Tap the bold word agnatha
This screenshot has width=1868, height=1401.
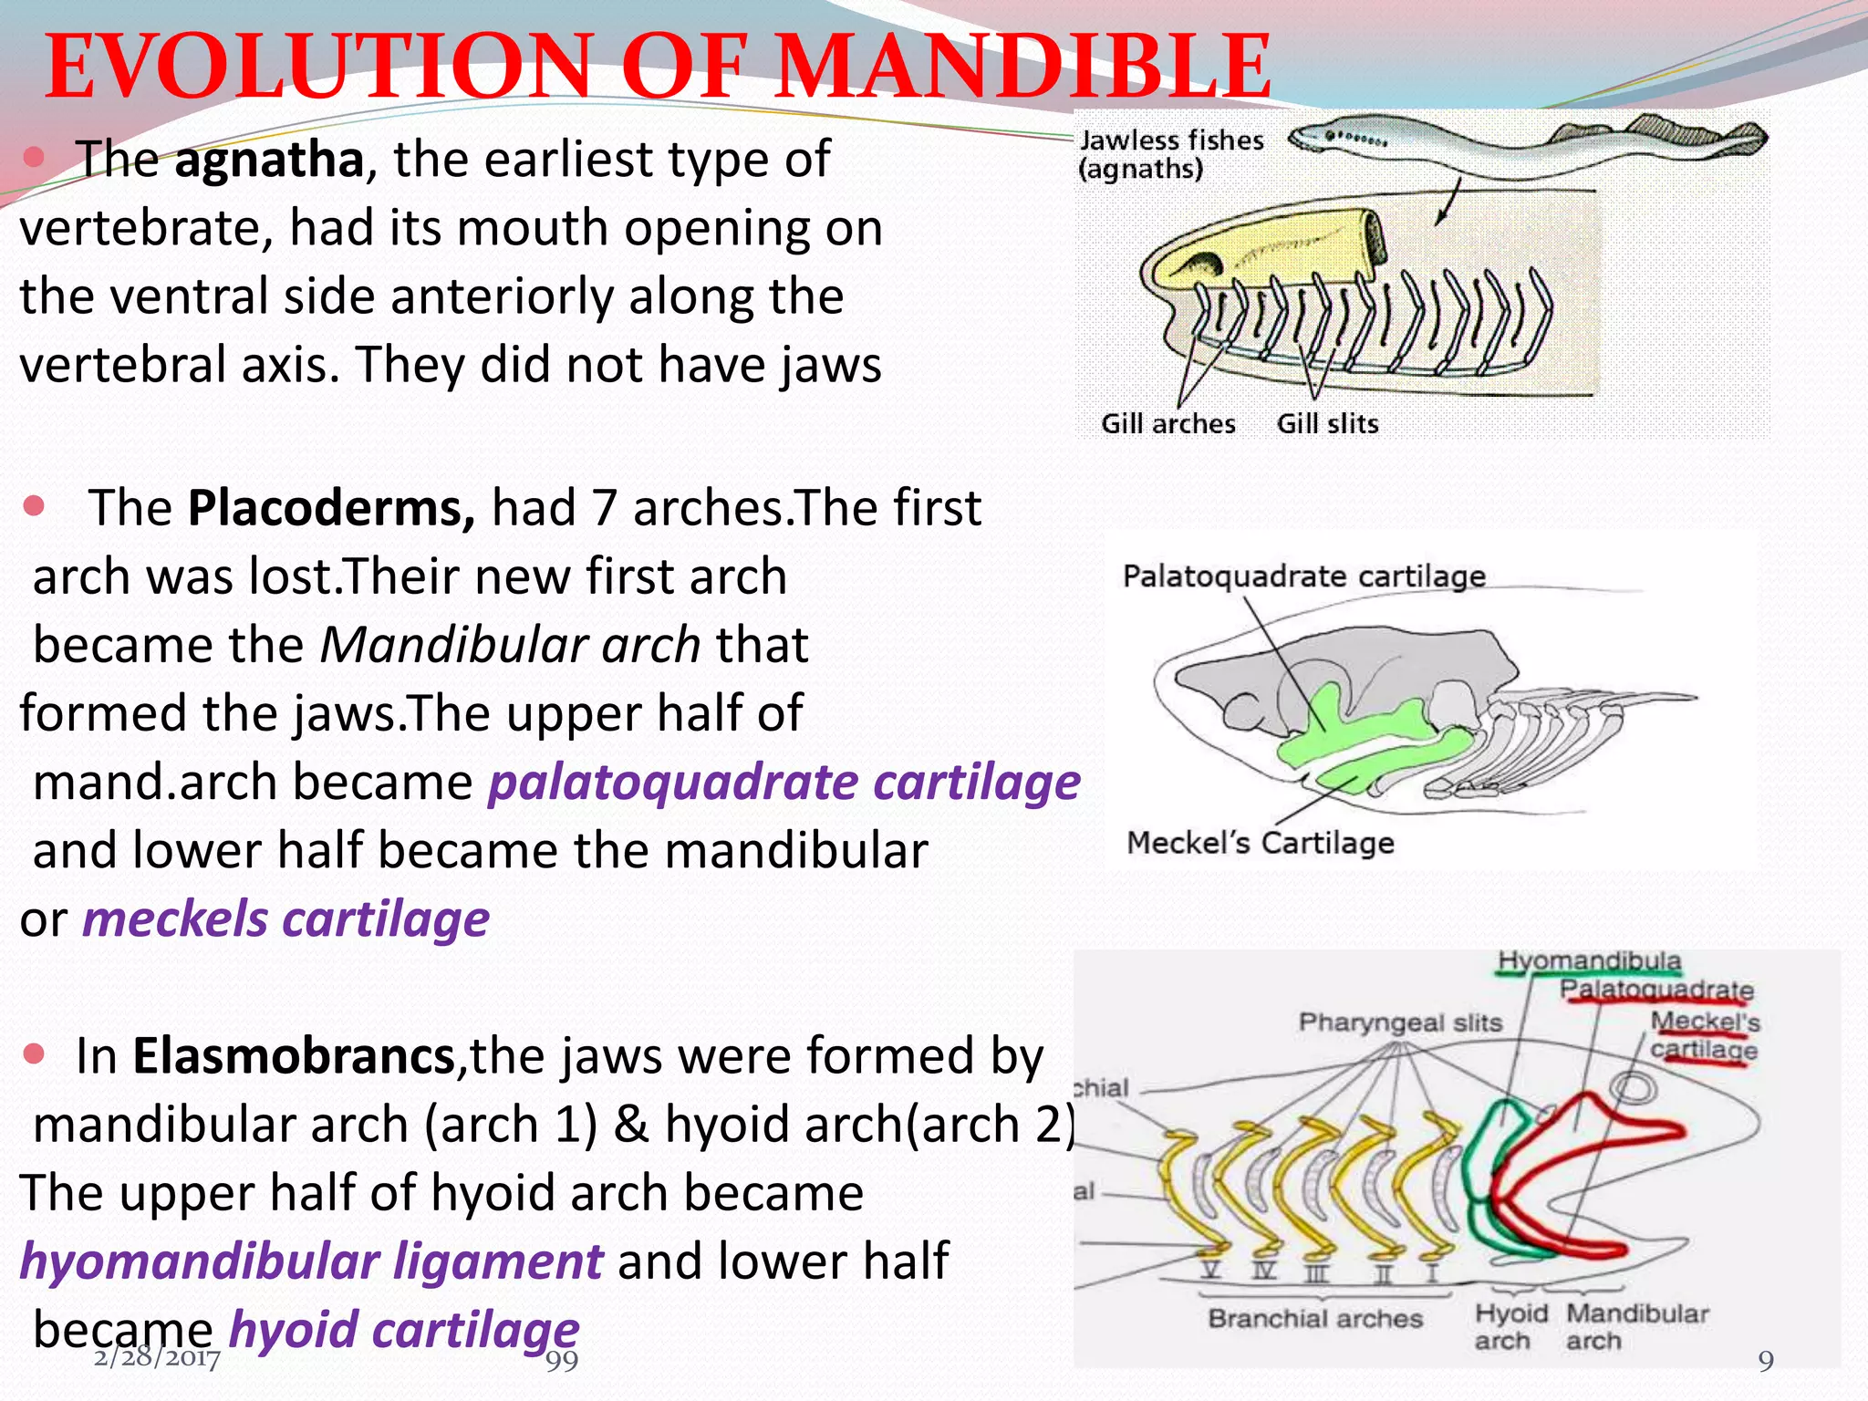(269, 160)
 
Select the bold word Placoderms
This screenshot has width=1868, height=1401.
(331, 508)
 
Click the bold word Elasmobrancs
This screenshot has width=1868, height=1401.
(294, 1056)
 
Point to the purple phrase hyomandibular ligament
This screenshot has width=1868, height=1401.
(311, 1261)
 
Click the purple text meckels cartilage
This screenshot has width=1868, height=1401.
(285, 919)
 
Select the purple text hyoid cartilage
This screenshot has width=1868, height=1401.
(403, 1330)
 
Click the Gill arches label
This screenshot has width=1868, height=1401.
(1167, 424)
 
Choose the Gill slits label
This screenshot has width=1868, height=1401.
(1327, 424)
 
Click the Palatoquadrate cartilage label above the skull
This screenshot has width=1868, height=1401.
(1303, 576)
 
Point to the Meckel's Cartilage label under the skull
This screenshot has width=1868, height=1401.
(1260, 843)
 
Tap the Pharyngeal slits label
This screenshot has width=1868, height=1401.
(1400, 1022)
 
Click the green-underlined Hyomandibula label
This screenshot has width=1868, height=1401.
(1589, 961)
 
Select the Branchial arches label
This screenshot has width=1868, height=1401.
(1314, 1319)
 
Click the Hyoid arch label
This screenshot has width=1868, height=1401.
(1510, 1327)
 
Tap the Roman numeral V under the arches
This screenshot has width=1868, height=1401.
(1209, 1271)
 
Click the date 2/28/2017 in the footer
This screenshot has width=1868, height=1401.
(157, 1359)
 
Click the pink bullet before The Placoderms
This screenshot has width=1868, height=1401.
(34, 506)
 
